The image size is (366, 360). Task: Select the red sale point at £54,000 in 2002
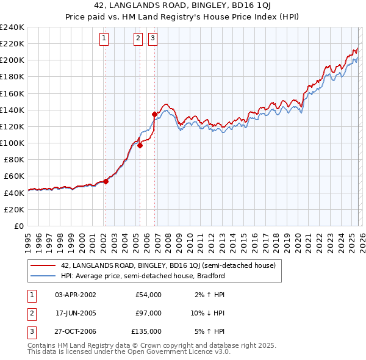click(106, 181)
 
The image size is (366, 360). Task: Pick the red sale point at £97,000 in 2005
click(140, 145)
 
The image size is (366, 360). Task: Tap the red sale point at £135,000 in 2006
click(155, 114)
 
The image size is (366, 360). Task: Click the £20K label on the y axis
click(13, 209)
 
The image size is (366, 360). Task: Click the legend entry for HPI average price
click(142, 276)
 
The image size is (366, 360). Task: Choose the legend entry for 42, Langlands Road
click(168, 265)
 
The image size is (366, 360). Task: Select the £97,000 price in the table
click(148, 313)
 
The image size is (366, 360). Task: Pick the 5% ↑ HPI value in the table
click(210, 331)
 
